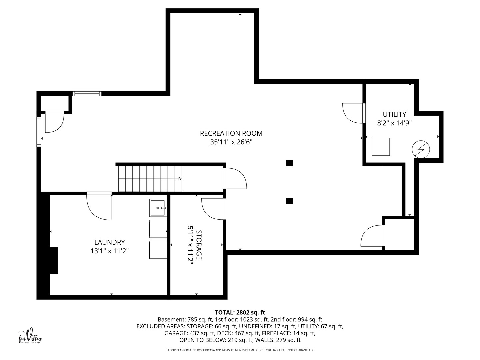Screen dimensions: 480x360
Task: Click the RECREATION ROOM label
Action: [x=231, y=133]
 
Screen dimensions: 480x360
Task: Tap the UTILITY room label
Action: [x=394, y=114]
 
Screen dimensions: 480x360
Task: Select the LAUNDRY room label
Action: [x=110, y=242]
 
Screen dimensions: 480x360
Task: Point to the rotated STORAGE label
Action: [x=199, y=245]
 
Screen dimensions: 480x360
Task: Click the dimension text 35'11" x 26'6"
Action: [x=231, y=142]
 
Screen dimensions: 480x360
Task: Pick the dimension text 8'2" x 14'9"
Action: [x=394, y=123]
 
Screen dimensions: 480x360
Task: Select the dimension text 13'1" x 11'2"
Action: [x=110, y=251]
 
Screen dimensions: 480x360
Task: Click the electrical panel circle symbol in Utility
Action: [x=421, y=149]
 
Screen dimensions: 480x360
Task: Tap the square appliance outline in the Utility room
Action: [x=381, y=147]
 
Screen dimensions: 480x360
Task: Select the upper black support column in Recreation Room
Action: [x=289, y=163]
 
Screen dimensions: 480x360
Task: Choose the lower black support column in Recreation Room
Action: [x=289, y=201]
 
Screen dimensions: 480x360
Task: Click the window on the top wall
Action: [x=87, y=94]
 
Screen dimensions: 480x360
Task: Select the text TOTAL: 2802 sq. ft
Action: [x=240, y=313]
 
